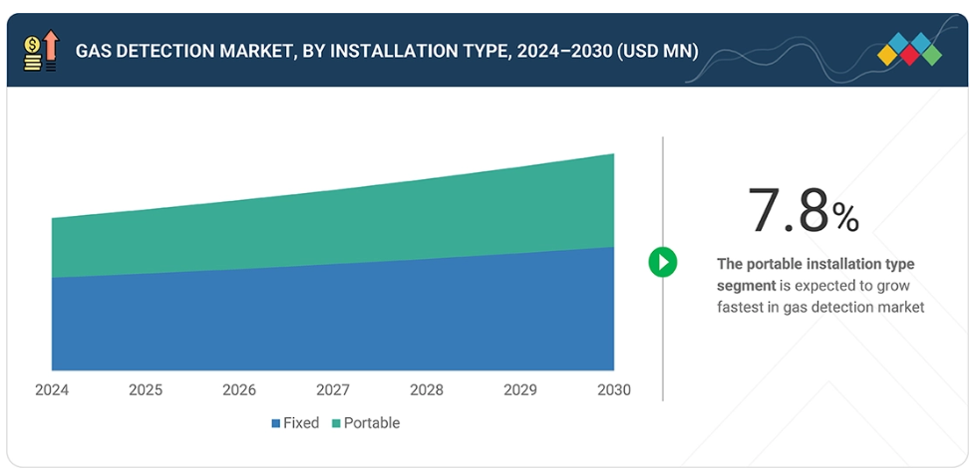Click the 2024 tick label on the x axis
[51, 389]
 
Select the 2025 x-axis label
[146, 389]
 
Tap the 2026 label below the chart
[239, 389]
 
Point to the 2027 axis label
[333, 389]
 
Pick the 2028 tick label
[427, 389]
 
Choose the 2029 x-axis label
[519, 389]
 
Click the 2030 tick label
[613, 389]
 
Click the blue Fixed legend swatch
[276, 423]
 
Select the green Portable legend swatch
[336, 423]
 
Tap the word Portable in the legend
[372, 423]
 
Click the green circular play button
[663, 262]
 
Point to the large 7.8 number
[788, 211]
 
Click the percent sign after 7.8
[845, 217]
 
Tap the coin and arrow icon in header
[41, 51]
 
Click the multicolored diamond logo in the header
[909, 50]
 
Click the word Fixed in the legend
[301, 423]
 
